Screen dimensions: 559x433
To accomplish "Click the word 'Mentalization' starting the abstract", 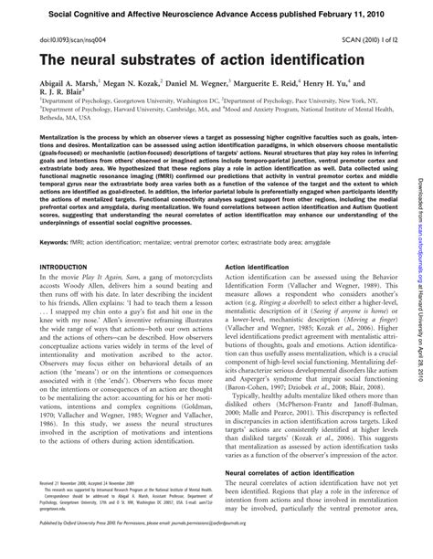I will coord(57,133).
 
